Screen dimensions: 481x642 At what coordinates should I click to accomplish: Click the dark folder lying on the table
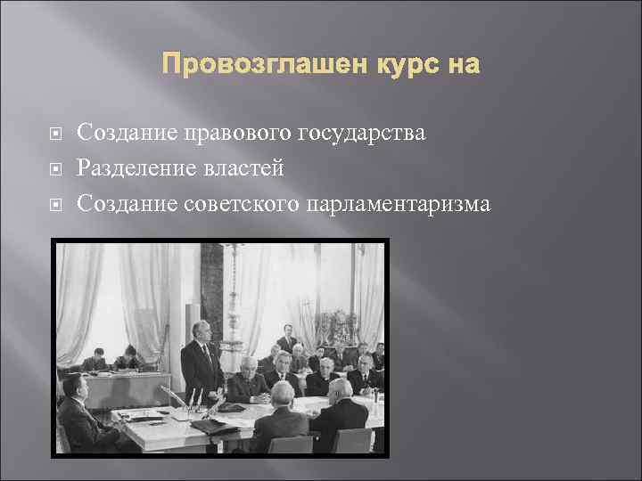pos(214,425)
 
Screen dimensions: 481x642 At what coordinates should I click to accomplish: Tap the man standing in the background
pos(287,338)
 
